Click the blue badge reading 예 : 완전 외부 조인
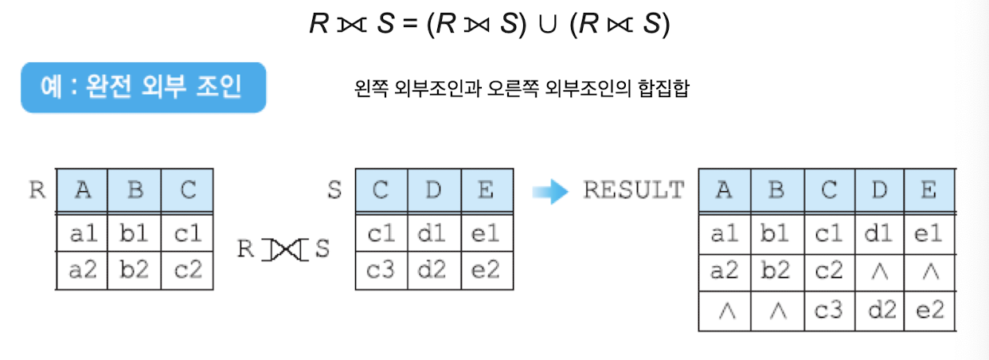[x=143, y=87]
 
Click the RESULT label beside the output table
[x=634, y=190]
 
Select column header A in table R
[x=81, y=191]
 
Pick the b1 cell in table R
[x=134, y=234]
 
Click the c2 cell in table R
[x=187, y=269]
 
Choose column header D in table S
[x=434, y=191]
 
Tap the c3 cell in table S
[x=381, y=269]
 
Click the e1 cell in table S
[x=487, y=234]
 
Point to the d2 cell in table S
[x=434, y=269]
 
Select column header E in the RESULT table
[x=928, y=191]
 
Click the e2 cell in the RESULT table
[x=928, y=310]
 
